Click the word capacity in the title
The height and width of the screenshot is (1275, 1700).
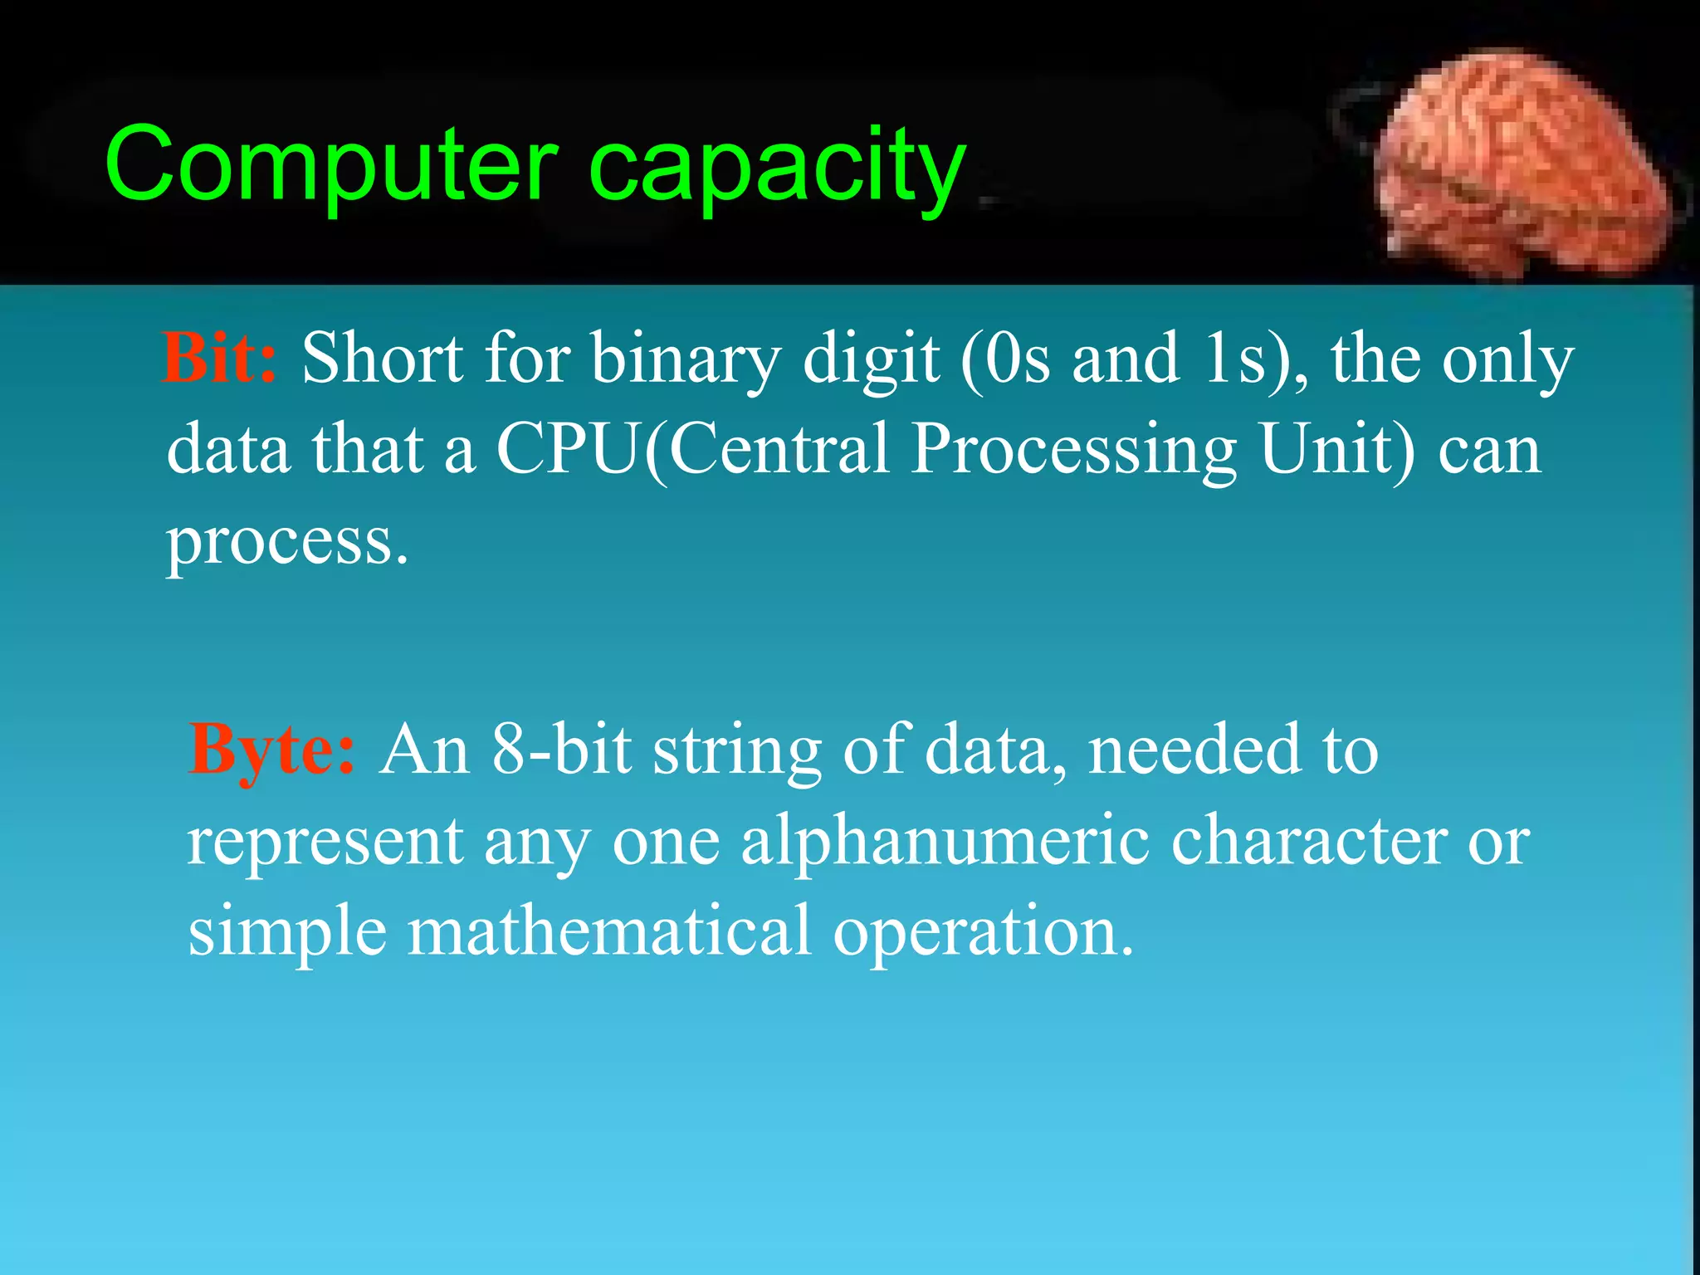point(777,169)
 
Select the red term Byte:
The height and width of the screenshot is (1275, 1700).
point(272,750)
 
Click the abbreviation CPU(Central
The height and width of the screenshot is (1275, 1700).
point(692,449)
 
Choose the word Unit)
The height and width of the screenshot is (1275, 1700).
point(1337,449)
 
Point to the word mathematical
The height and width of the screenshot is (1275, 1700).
point(608,932)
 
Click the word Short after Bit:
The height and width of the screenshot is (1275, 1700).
point(382,359)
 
